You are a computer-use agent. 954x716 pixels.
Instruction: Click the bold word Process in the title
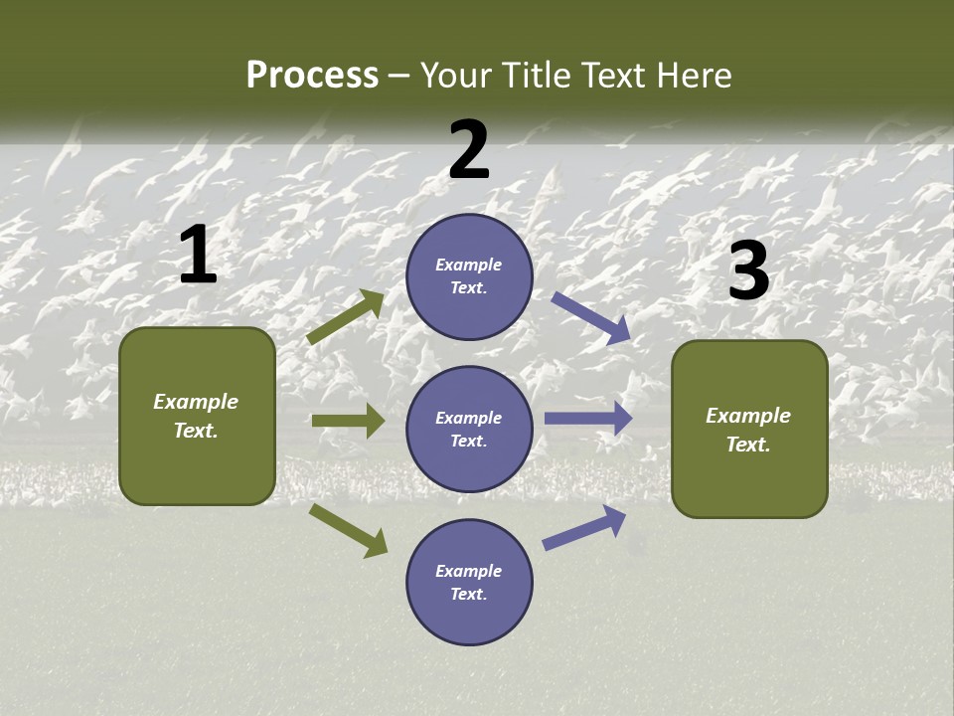(x=312, y=76)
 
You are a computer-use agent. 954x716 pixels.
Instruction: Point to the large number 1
(x=198, y=256)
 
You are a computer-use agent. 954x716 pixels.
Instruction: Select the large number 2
(x=469, y=150)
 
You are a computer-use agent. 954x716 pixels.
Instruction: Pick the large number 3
(x=748, y=271)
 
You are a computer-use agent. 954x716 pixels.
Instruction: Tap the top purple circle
(x=469, y=276)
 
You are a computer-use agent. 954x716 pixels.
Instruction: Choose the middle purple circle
(x=469, y=429)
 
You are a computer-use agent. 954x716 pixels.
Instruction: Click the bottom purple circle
(x=469, y=582)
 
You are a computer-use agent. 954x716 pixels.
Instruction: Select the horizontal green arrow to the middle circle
(x=348, y=421)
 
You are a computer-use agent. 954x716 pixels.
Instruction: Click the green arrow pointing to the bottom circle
(x=349, y=530)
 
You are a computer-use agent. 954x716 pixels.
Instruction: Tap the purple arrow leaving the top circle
(x=591, y=318)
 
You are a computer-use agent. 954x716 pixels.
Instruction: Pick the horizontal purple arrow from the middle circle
(x=587, y=419)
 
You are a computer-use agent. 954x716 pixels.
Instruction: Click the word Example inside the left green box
(x=196, y=402)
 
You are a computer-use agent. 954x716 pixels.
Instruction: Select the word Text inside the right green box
(x=747, y=445)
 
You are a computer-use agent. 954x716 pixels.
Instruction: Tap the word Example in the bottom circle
(x=468, y=571)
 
